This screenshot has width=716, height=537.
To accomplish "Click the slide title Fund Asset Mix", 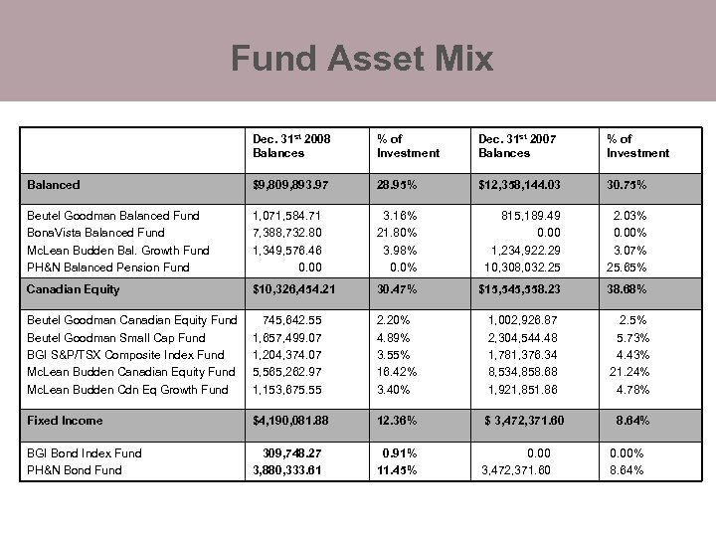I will point(362,58).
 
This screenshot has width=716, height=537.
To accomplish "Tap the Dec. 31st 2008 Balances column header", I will point(292,146).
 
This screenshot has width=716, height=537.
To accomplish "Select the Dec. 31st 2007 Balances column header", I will point(518,146).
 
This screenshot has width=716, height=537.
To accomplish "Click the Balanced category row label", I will point(54,185).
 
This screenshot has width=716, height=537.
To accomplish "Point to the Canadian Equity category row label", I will point(73,289).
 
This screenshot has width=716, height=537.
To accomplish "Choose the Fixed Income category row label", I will point(65,421).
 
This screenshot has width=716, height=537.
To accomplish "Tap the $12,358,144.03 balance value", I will point(533,185).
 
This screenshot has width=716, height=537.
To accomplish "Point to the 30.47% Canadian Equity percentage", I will point(398,289).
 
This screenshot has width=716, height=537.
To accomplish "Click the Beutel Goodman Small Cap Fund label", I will point(116,337).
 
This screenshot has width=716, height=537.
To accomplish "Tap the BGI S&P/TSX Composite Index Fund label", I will point(125,354).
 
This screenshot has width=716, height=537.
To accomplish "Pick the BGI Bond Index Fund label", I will point(84,453).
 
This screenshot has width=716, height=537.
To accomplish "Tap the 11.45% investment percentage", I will point(397,470).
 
